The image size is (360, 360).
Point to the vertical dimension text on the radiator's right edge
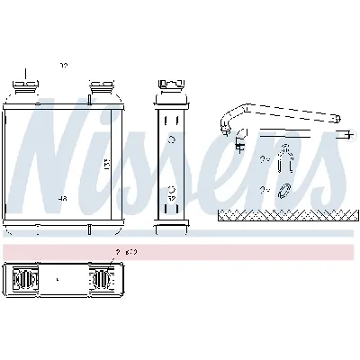pos(130,166)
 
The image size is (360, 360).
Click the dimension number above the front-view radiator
pos(63,65)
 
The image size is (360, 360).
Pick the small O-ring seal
pos(284,190)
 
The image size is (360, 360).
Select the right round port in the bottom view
pos(102,280)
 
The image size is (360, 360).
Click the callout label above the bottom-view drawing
pos(126,252)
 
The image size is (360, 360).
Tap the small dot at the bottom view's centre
pos(59,280)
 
